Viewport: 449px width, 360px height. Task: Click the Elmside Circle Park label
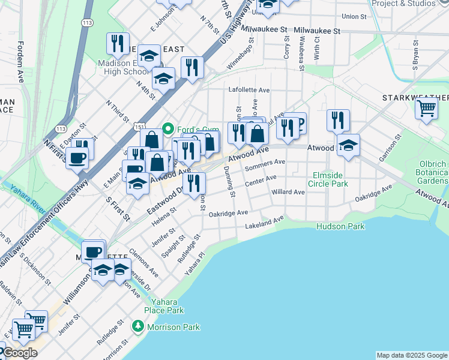point(327,179)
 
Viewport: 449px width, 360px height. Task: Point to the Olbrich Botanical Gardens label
point(434,172)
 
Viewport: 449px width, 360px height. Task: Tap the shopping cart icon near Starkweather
point(426,109)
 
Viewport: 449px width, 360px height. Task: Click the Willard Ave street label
point(288,192)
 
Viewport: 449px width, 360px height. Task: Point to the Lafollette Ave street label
point(249,89)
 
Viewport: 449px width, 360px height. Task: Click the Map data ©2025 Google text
point(411,355)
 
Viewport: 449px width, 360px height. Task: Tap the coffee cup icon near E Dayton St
point(77,158)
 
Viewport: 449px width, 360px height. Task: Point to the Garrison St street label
point(389,151)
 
